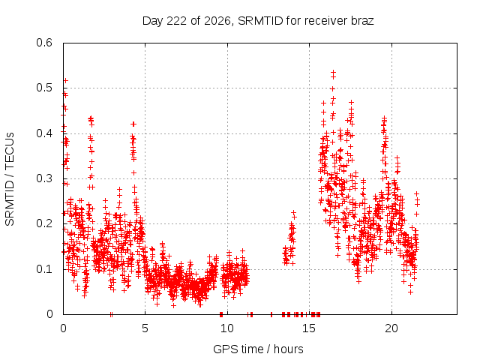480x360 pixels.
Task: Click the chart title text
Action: (x=258, y=21)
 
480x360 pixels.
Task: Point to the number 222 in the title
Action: (x=175, y=21)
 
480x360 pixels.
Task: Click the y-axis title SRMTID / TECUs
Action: (x=10, y=179)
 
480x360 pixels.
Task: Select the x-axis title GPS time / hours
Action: (x=258, y=349)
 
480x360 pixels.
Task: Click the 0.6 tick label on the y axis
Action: (x=44, y=43)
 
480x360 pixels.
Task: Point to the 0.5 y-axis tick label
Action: (x=44, y=88)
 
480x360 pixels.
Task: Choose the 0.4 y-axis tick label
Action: (x=44, y=133)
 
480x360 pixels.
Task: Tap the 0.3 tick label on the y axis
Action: (x=44, y=178)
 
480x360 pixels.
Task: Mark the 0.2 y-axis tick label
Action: (x=44, y=223)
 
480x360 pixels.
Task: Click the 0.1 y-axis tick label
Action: (x=44, y=269)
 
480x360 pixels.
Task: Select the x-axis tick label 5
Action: (x=145, y=328)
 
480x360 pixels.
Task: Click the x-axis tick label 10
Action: (x=226, y=328)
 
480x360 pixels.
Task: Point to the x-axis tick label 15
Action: (x=309, y=328)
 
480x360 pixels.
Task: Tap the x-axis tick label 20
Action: (x=391, y=328)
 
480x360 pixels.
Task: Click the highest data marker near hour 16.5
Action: (x=333, y=73)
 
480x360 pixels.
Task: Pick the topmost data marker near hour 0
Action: (x=65, y=80)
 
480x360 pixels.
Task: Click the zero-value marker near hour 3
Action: (x=111, y=314)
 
